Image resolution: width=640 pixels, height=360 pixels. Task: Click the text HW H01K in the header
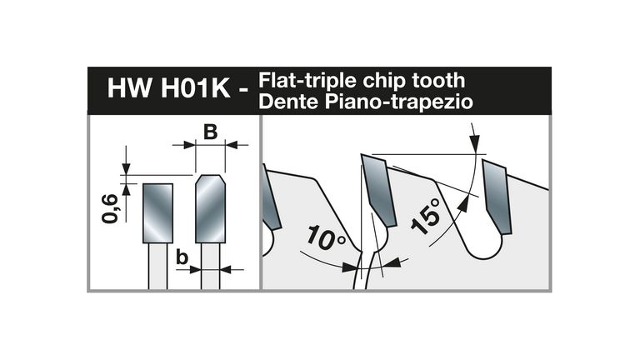[169, 87]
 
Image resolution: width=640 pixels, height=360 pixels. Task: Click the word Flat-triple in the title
[308, 81]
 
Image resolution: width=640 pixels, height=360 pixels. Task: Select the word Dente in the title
[289, 101]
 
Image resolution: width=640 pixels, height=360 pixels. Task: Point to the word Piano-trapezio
[399, 102]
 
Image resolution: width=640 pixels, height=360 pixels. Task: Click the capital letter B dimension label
[210, 132]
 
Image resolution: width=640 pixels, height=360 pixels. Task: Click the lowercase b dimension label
[182, 257]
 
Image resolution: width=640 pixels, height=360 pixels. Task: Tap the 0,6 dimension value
[110, 209]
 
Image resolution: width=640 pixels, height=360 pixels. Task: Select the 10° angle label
[325, 237]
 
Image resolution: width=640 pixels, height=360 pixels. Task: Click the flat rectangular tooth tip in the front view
[157, 213]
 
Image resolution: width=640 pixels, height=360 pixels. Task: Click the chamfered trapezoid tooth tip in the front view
[210, 208]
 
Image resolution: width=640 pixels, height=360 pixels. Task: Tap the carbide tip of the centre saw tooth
[378, 190]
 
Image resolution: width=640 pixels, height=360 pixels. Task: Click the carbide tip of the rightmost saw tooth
[497, 197]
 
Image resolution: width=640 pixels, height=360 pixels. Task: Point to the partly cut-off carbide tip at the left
[270, 197]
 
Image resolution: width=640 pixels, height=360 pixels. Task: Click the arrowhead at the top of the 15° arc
[474, 142]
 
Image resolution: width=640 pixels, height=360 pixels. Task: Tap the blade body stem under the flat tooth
[157, 266]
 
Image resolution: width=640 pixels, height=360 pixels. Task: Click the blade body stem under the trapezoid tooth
[210, 266]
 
